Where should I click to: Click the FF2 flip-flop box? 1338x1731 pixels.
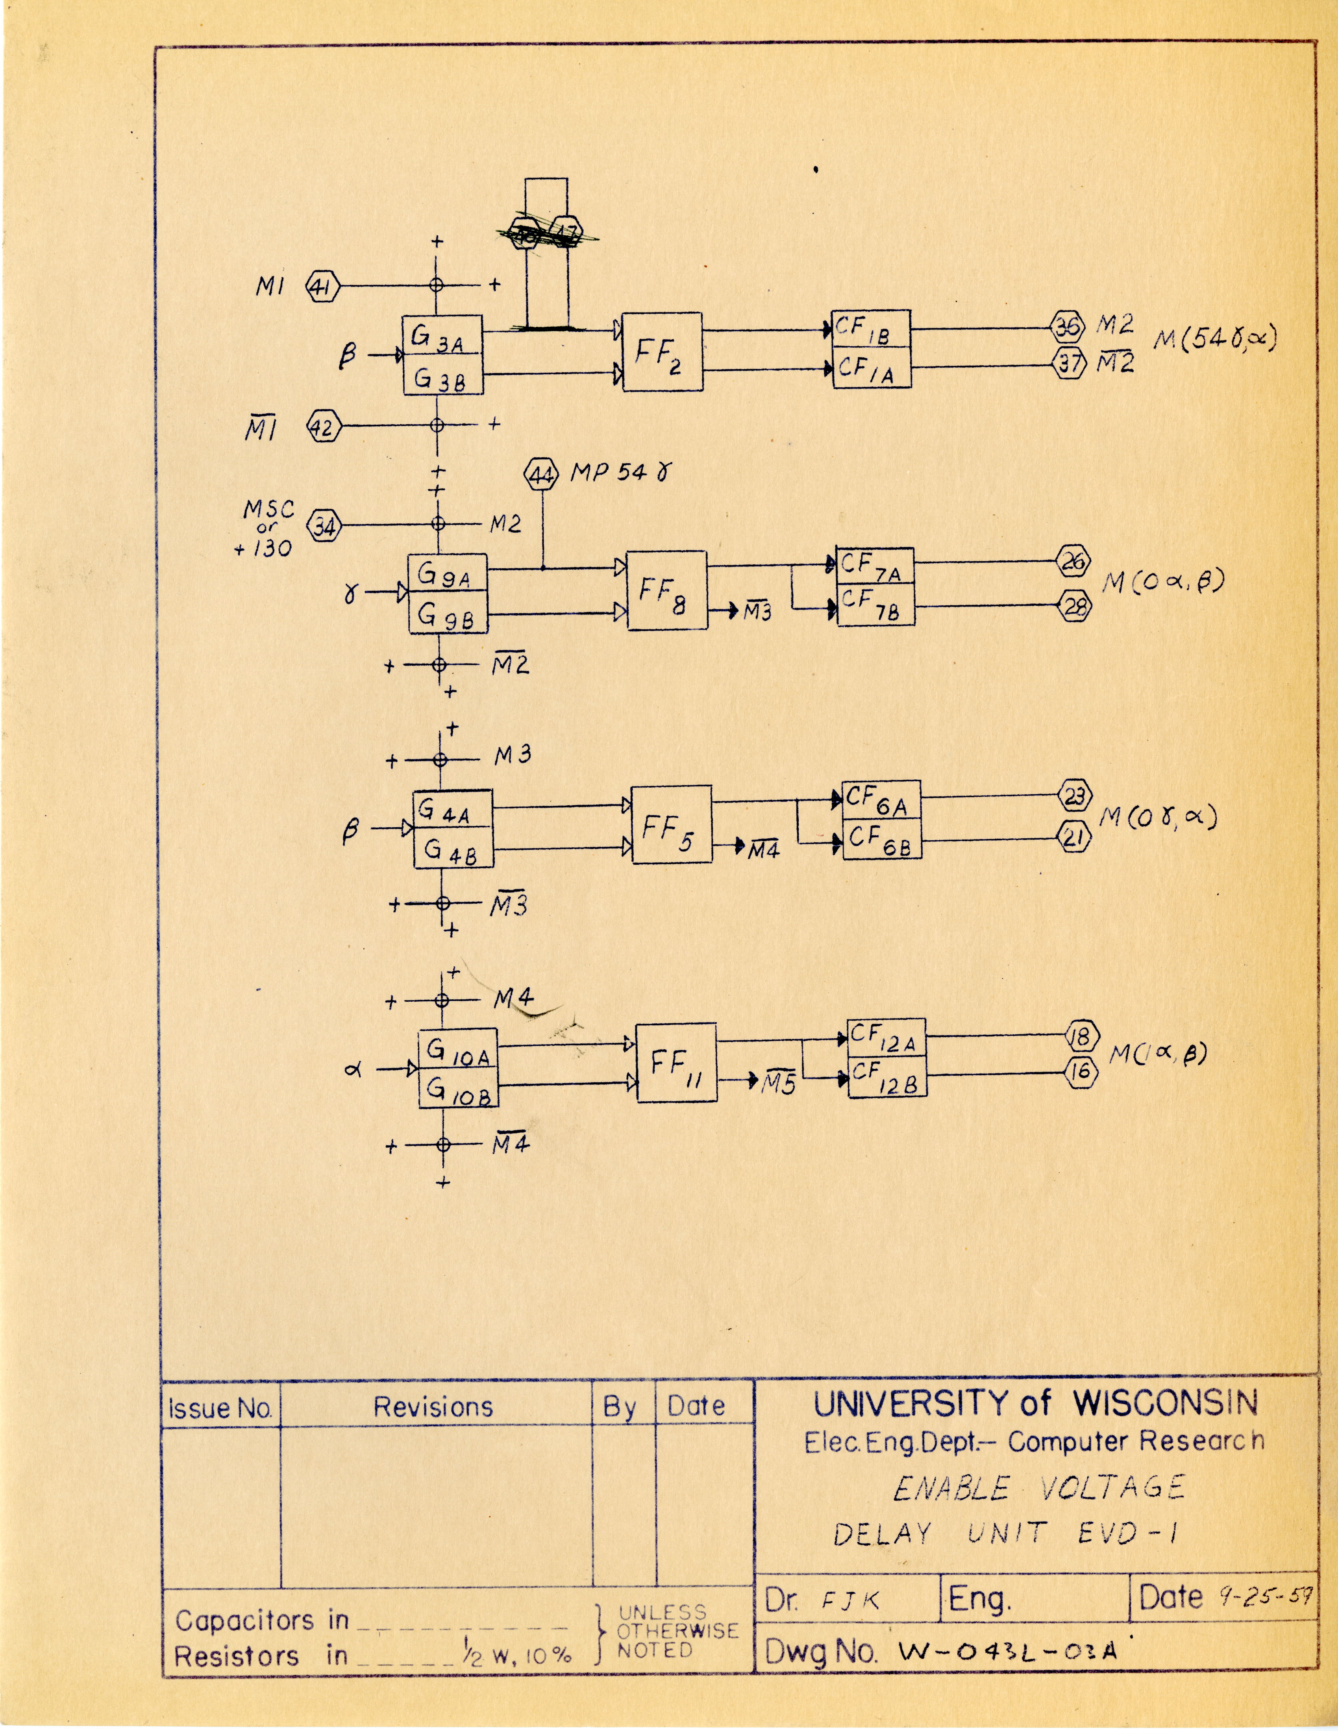point(662,352)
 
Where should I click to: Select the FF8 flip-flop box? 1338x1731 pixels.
point(666,590)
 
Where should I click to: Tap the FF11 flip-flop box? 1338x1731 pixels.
point(677,1062)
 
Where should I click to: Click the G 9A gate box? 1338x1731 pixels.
point(447,573)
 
